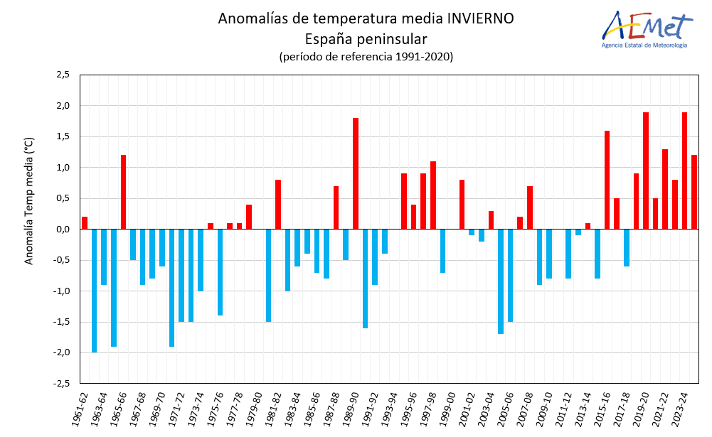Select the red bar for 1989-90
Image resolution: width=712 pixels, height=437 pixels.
coord(356,173)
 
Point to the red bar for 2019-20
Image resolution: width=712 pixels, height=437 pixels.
coord(646,171)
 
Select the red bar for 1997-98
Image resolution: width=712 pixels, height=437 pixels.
coord(432,195)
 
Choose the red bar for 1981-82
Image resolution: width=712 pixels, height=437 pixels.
coord(278,205)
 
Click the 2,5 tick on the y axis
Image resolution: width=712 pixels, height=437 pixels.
coord(62,75)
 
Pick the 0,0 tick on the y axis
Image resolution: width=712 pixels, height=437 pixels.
coord(62,230)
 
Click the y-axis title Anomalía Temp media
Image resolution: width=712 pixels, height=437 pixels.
coord(29,201)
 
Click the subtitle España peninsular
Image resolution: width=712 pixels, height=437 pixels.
coord(366,38)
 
